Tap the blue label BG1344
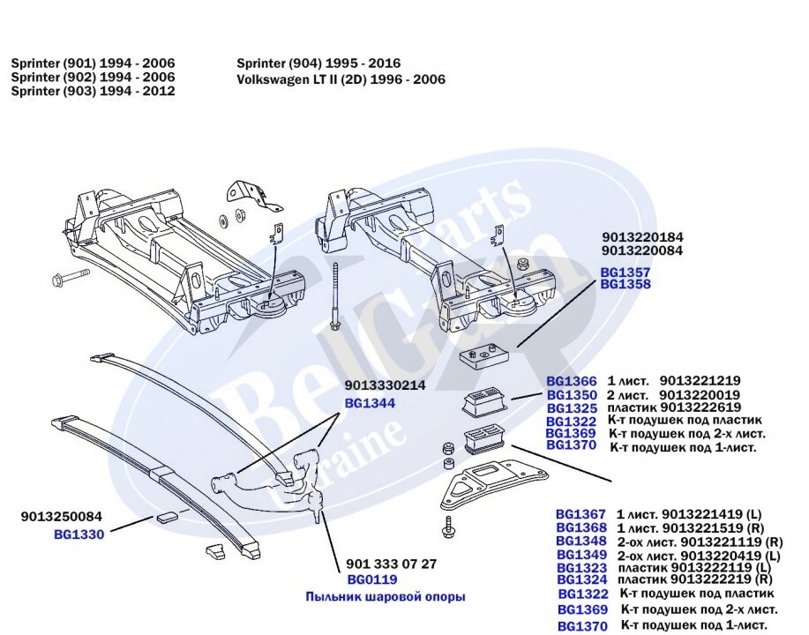coord(369,403)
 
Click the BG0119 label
coord(371,579)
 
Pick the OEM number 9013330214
coord(386,385)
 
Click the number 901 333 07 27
coord(392,564)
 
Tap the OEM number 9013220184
coord(642,238)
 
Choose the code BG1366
coord(572,381)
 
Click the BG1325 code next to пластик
coord(572,408)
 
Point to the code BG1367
coord(581,513)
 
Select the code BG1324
coord(581,579)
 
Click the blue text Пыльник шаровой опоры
coord(385,597)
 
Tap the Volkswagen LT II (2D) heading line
coord(341,79)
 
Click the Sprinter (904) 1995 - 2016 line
coord(318,63)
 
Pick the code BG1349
coord(581,555)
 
